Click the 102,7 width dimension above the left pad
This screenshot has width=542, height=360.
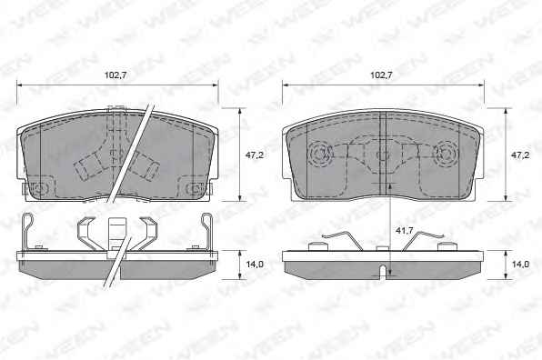point(115,75)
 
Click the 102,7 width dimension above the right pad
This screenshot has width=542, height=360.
point(381,75)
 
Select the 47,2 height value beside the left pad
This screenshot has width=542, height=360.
point(255,155)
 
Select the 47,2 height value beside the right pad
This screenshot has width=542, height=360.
point(520,155)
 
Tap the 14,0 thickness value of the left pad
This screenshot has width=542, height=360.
point(255,265)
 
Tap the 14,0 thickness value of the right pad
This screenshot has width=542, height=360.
point(520,265)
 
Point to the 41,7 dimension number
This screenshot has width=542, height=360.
point(405,230)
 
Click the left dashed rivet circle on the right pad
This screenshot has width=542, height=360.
point(320,153)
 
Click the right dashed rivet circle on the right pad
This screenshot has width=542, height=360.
point(447,153)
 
